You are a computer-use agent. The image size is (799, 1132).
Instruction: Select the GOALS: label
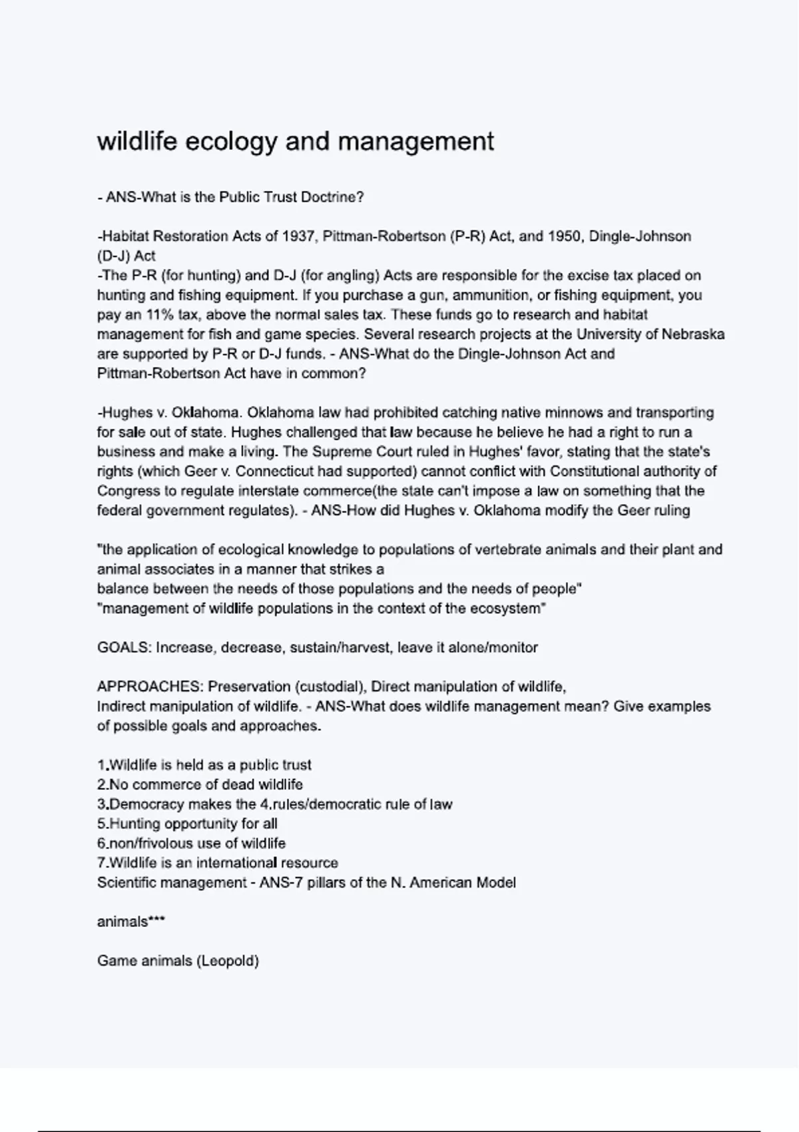125,648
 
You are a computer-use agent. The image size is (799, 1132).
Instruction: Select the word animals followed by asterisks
123,922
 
